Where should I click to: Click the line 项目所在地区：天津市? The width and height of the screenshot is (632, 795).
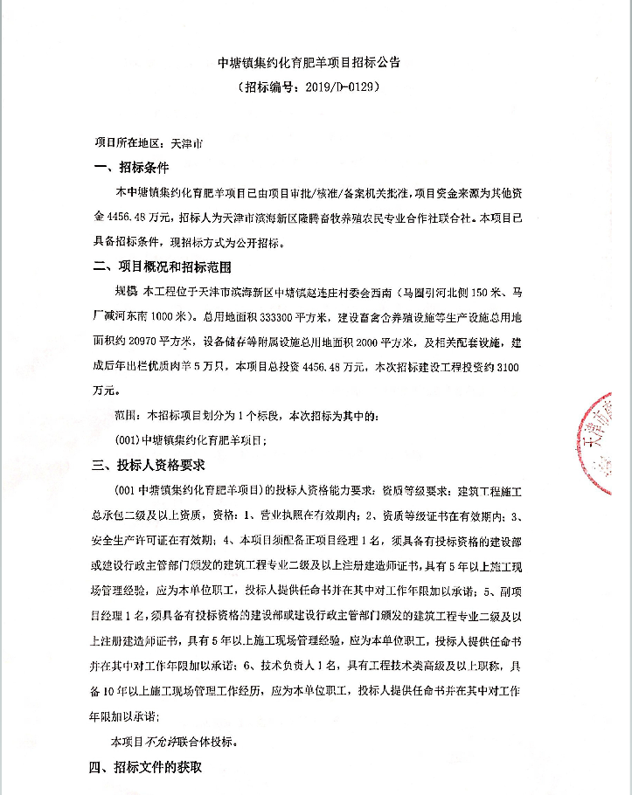click(x=148, y=142)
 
